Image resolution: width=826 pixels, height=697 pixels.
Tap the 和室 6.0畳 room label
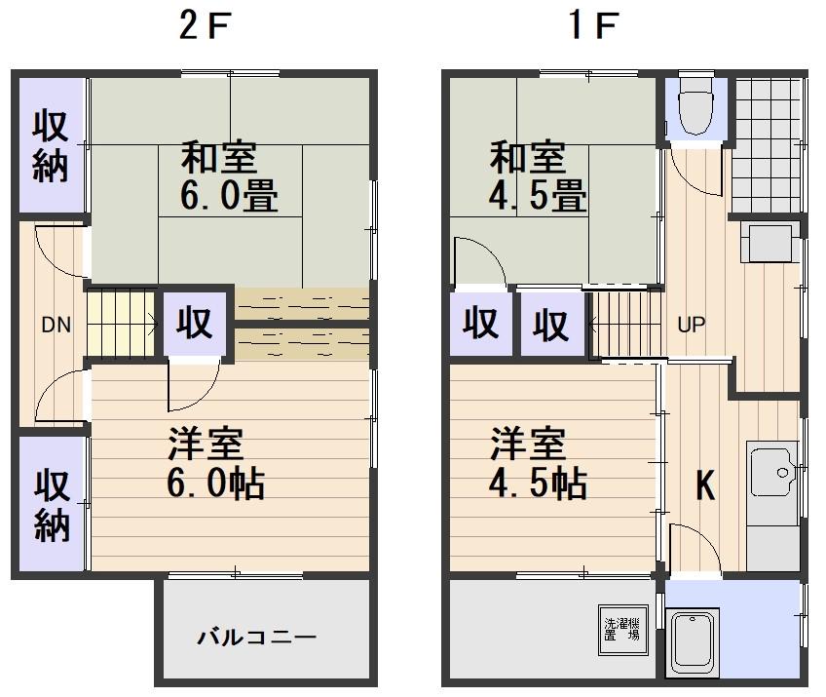click(230, 177)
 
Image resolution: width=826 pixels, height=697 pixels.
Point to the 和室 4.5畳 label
click(538, 177)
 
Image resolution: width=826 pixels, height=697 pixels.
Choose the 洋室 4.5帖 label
click(538, 464)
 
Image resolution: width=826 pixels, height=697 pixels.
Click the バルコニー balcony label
click(257, 639)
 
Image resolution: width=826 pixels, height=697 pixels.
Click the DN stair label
click(56, 326)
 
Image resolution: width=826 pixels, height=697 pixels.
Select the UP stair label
click(691, 326)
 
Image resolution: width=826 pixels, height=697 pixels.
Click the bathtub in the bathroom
click(694, 643)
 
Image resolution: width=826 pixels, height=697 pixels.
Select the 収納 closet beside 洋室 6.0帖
click(51, 504)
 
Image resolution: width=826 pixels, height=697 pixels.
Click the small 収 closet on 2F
click(195, 324)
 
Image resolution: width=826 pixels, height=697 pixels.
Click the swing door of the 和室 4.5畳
click(477, 261)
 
